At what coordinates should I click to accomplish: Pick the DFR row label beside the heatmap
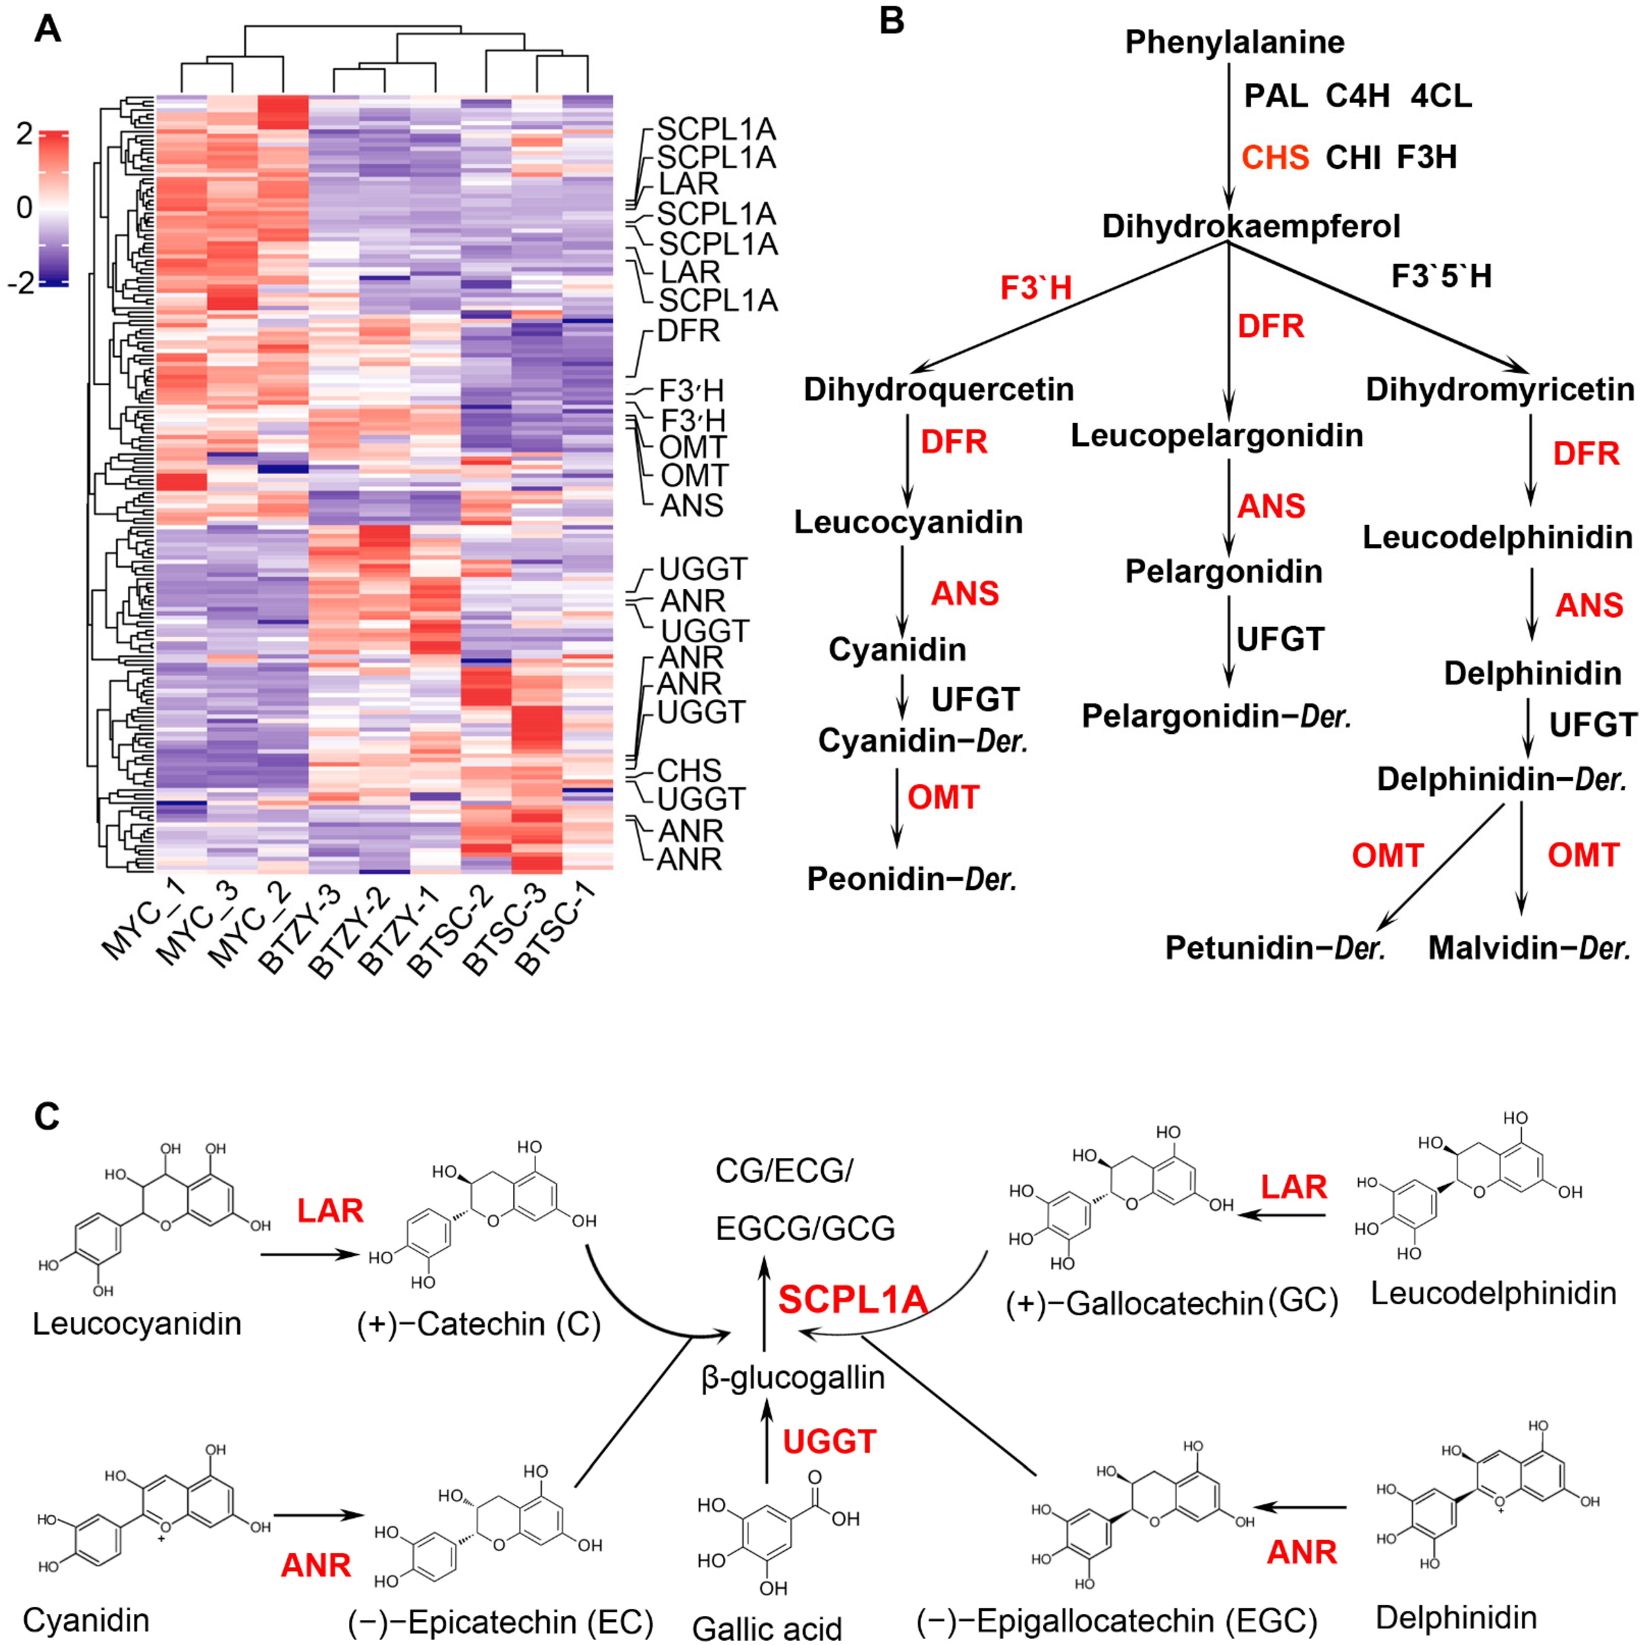(688, 330)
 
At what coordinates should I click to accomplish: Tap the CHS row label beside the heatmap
(689, 771)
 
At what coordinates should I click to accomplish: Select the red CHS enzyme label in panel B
(1275, 157)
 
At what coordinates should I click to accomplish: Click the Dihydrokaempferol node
(1250, 226)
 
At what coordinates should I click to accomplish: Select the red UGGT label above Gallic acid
(829, 1441)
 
